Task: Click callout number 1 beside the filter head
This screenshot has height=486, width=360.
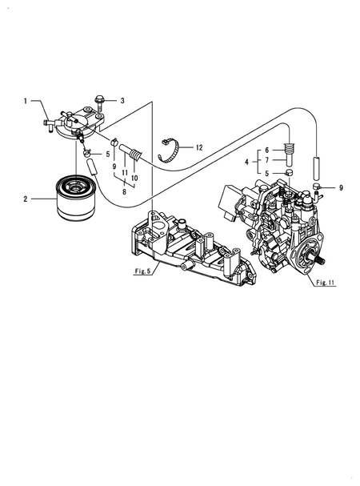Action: pos(26,101)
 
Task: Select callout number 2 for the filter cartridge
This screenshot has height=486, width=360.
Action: pos(26,198)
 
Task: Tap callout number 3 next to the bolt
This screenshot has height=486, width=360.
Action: pos(122,101)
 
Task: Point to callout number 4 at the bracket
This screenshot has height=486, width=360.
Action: pos(248,162)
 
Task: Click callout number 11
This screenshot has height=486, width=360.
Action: pos(125,173)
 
